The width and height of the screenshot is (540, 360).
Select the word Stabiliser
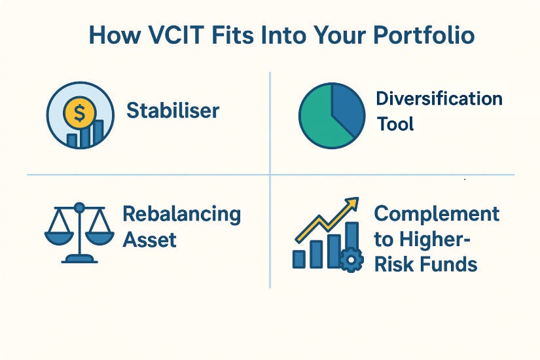(173, 111)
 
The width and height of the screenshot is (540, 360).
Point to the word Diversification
(439, 99)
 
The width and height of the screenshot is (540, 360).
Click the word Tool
(395, 123)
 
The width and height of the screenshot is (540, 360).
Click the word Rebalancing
(181, 214)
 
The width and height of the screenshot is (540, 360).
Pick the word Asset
(150, 239)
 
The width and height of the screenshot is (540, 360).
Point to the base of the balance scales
(79, 259)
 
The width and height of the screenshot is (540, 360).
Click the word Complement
(437, 214)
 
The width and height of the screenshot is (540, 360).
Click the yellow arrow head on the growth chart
(353, 204)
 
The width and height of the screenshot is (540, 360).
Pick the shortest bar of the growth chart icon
(299, 259)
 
